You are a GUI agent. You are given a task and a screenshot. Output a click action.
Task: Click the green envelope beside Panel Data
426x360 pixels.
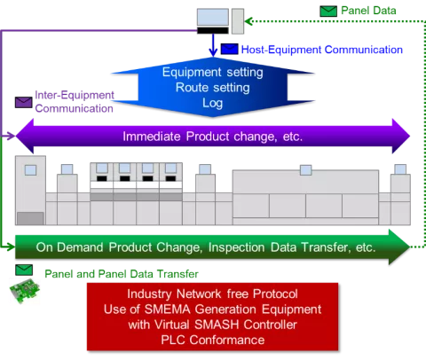tap(328, 12)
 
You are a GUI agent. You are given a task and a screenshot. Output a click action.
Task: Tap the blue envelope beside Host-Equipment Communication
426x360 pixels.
tap(230, 49)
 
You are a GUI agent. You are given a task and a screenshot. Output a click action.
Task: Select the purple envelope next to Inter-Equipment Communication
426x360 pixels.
tap(24, 102)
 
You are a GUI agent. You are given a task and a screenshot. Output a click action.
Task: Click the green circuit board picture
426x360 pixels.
tap(25, 291)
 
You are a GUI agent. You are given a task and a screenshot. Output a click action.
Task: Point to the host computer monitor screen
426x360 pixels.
tap(213, 18)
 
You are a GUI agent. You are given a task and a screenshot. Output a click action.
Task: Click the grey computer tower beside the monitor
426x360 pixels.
tap(238, 21)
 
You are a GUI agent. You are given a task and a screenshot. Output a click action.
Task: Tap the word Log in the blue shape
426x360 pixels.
tap(212, 103)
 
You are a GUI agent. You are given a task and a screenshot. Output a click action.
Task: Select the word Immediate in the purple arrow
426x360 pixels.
tap(152, 137)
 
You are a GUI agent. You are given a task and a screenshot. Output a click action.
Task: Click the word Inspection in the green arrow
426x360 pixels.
tap(237, 247)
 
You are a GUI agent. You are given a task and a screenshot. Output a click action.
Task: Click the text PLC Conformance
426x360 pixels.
tap(213, 340)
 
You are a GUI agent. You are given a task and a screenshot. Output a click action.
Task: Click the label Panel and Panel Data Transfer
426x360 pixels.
tap(122, 274)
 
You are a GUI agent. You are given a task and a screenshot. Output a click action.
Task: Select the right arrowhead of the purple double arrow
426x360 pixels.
tap(401, 137)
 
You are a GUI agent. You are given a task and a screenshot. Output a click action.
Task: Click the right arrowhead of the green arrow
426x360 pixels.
tap(399, 247)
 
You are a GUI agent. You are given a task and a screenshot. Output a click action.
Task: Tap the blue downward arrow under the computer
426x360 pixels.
tap(213, 45)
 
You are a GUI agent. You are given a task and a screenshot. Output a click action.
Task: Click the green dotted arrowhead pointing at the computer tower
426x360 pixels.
tap(248, 21)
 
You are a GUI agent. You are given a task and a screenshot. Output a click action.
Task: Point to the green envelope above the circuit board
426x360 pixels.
tap(24, 270)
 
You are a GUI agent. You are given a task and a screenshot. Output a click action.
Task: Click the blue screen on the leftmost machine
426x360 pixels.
tap(30, 170)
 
